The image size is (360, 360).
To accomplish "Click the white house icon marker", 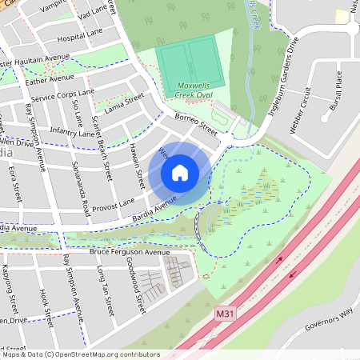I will point(180,172).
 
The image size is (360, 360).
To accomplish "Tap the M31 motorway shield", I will point(226,316).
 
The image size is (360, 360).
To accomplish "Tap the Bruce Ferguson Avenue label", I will point(130,252).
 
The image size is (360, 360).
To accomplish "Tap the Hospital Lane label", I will point(82,37).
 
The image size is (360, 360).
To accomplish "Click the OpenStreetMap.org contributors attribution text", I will point(103,354).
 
